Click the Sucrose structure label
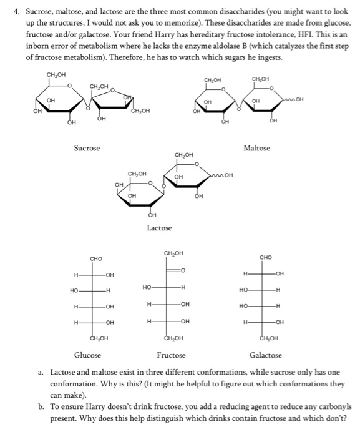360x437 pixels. click(87, 148)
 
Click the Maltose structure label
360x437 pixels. click(256, 148)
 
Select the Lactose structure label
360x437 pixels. click(159, 228)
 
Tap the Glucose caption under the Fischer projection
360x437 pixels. click(87, 355)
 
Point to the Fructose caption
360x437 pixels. click(171, 355)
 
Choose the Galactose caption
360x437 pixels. click(265, 355)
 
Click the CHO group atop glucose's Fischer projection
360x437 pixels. click(95, 258)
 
